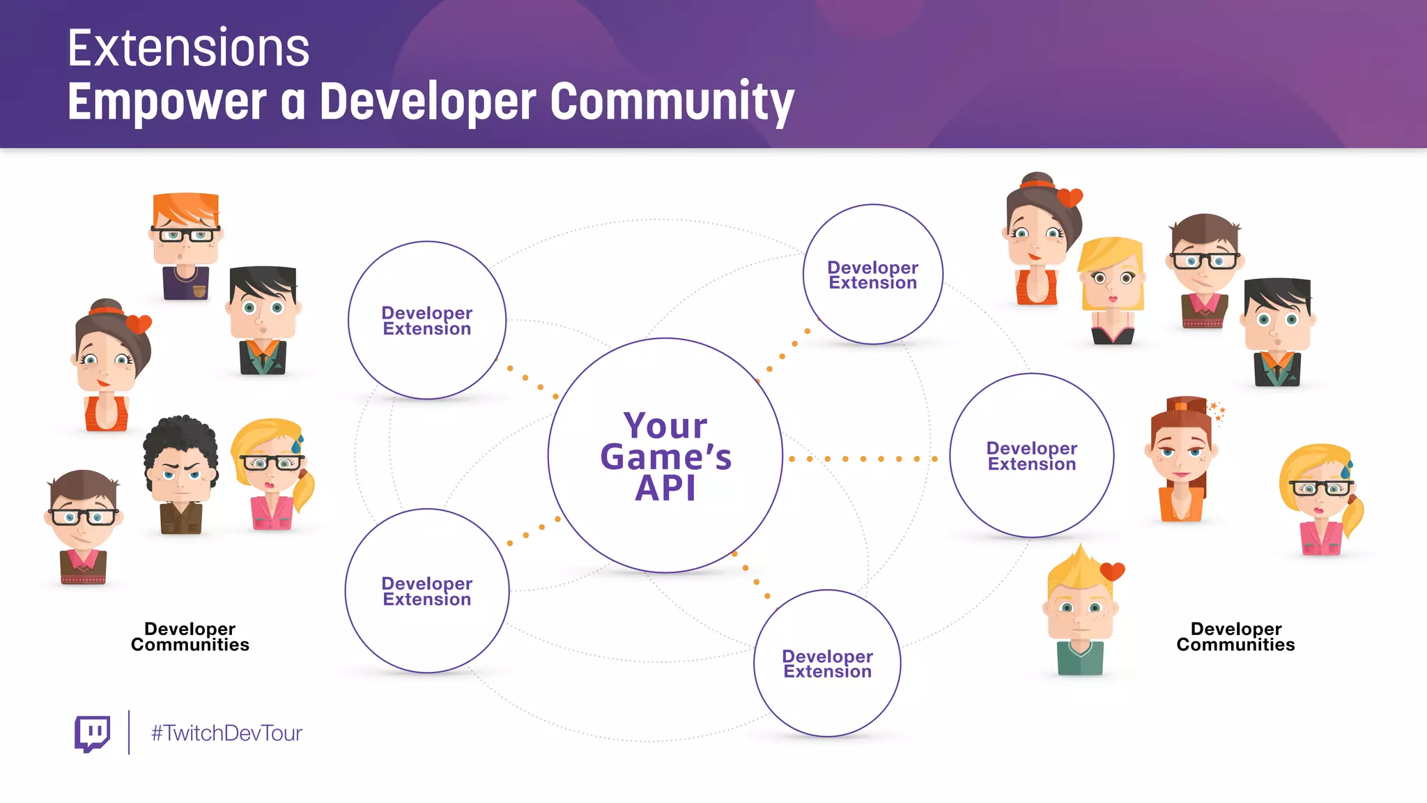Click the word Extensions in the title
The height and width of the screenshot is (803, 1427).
188,49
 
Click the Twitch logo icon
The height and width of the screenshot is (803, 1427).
92,733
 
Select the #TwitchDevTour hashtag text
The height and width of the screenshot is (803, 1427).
226,733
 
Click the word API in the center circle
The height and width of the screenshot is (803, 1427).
665,488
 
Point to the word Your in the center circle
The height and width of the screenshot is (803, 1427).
665,426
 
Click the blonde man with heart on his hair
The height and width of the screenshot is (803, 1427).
1080,606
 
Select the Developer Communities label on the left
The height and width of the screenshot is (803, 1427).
190,637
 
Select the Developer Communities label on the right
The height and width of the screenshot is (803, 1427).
1235,637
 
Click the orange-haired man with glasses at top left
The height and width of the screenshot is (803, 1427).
185,237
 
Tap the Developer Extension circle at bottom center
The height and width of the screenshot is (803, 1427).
827,664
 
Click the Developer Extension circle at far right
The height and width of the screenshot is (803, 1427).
1031,456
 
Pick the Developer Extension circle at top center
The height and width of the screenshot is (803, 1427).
872,275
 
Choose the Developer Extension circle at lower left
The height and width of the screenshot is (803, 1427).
426,591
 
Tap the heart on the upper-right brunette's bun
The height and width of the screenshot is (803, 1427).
1070,198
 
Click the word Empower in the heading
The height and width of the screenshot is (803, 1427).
167,102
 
